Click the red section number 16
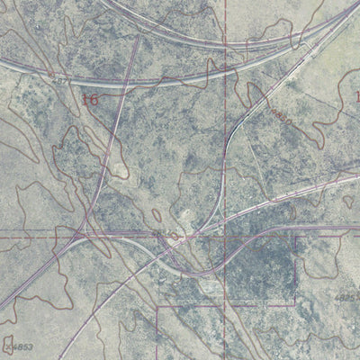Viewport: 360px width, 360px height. pyautogui.click(x=90, y=99)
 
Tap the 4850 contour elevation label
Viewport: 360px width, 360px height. pyautogui.click(x=281, y=114)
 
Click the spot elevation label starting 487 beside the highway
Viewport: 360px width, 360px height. pyautogui.click(x=59, y=80)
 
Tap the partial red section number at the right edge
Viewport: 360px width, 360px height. pyautogui.click(x=356, y=95)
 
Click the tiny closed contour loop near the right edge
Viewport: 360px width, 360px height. pyautogui.click(x=347, y=202)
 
